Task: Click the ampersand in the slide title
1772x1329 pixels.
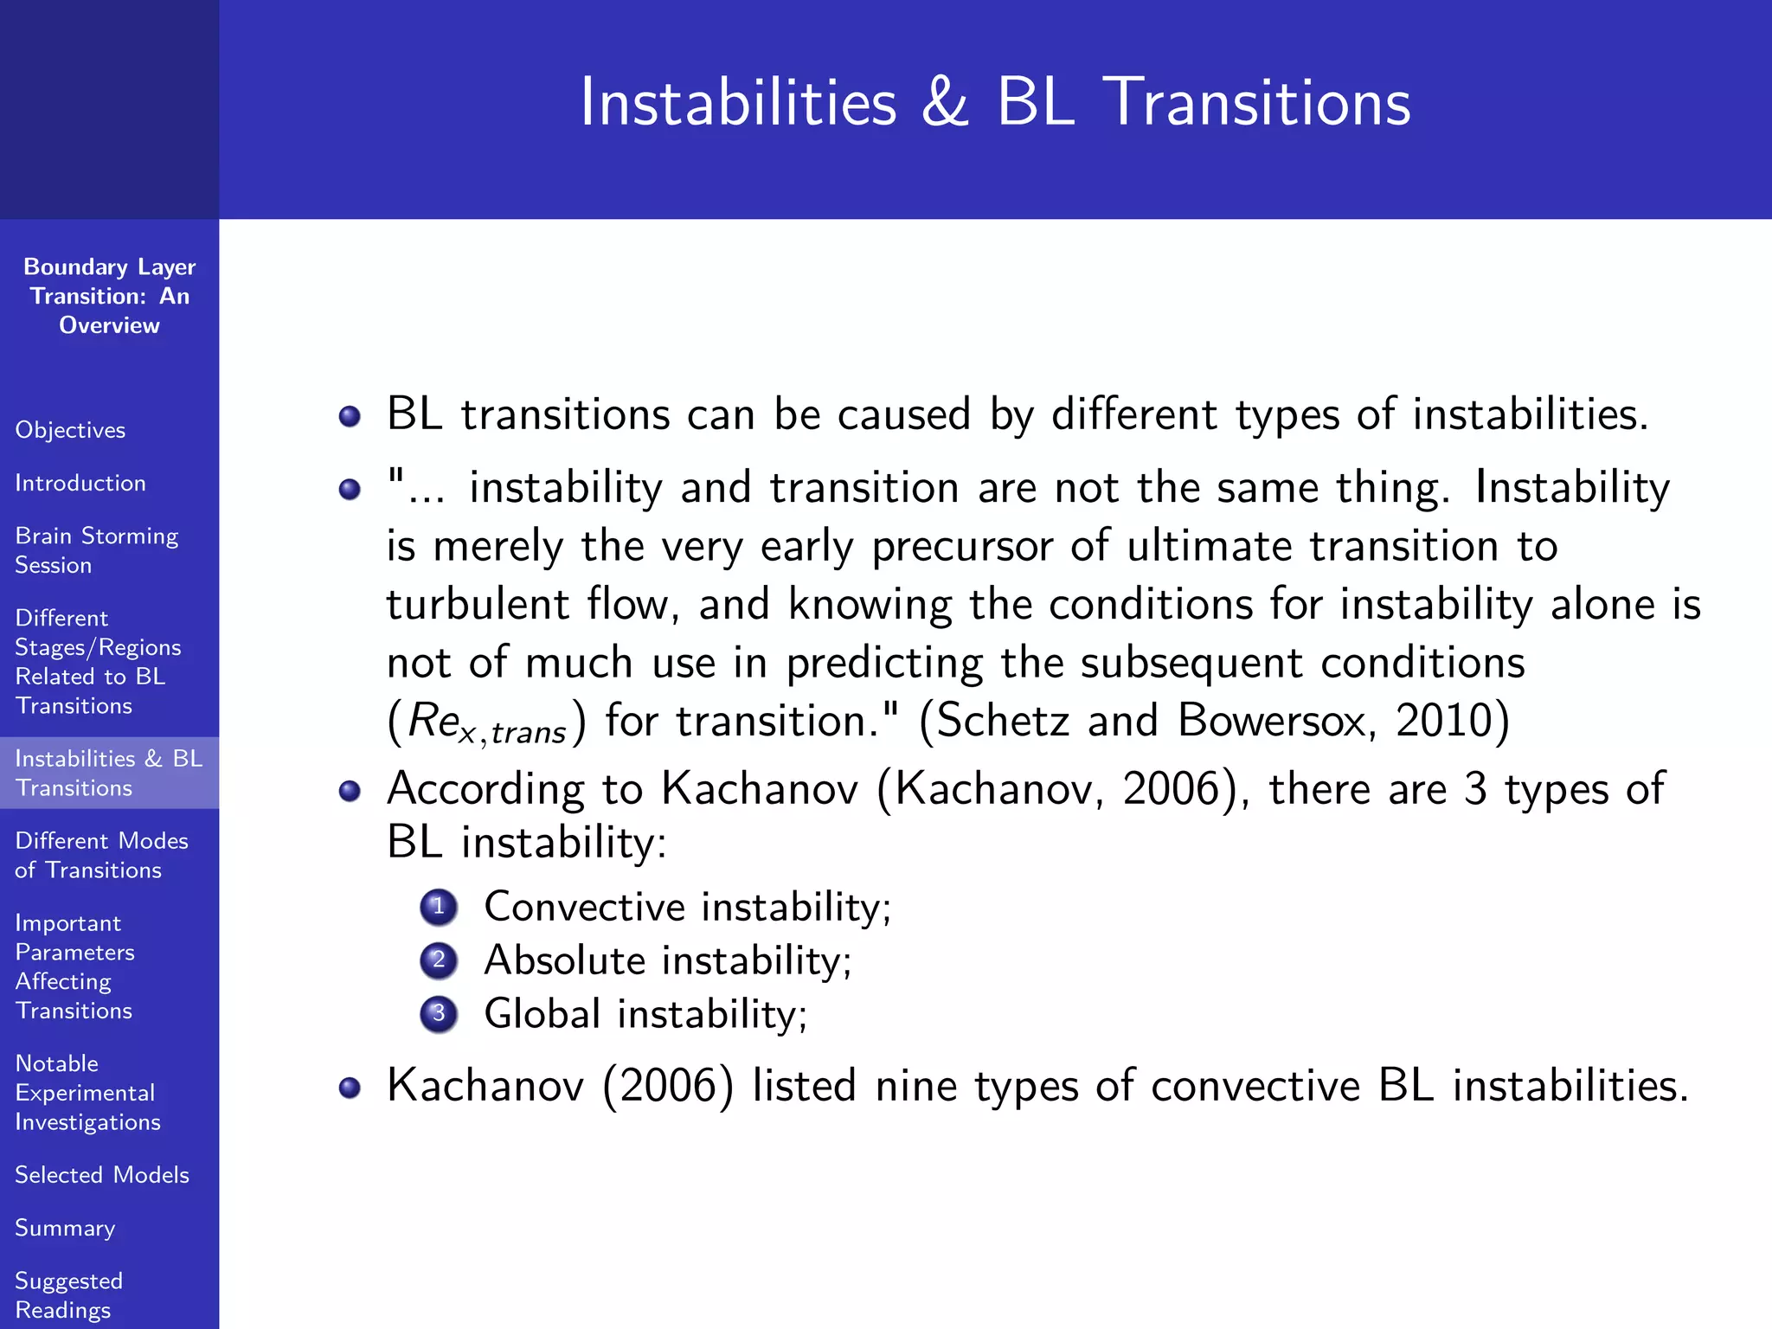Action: tap(945, 103)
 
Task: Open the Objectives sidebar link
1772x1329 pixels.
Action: tap(70, 430)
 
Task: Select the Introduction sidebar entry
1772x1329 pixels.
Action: tap(80, 483)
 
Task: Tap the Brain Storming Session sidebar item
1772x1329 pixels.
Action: tap(96, 550)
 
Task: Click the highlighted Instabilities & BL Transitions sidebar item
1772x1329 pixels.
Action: tap(108, 773)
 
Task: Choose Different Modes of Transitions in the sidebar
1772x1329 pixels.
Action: tap(101, 855)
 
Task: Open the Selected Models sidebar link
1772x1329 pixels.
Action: tap(102, 1175)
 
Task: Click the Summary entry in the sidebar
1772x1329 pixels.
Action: tap(65, 1228)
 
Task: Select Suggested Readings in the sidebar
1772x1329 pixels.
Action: tap(69, 1294)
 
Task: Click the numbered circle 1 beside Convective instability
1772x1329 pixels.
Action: tap(439, 907)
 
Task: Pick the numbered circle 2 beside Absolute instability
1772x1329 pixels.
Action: tap(439, 960)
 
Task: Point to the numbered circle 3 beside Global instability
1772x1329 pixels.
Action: tap(439, 1013)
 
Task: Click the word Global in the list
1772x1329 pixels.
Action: tap(542, 1013)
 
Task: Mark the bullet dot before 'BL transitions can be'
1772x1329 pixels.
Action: tap(350, 416)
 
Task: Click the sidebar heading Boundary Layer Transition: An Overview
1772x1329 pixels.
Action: tap(109, 296)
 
